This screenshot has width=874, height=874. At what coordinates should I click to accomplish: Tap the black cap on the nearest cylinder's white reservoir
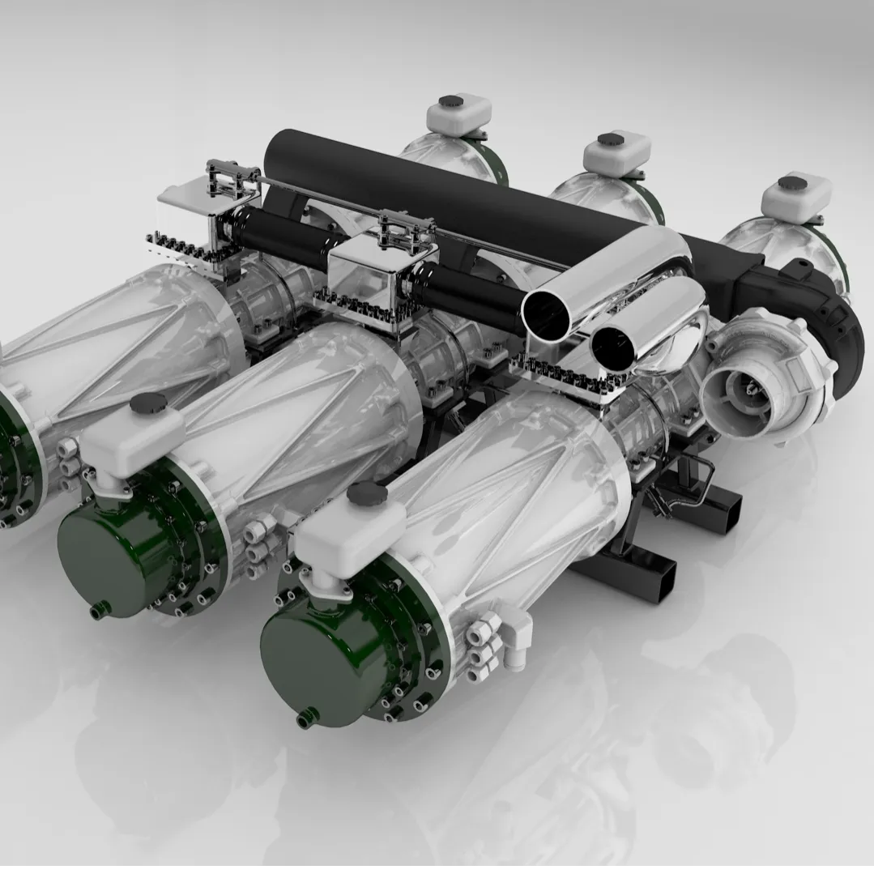coord(367,492)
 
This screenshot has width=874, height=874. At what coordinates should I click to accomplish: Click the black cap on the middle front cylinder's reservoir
coord(147,403)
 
